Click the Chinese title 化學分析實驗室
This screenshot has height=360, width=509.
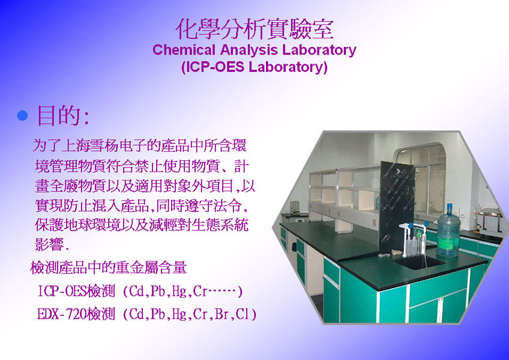point(254,29)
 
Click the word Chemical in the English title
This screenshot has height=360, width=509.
point(184,50)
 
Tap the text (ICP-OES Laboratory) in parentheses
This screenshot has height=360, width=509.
point(254,67)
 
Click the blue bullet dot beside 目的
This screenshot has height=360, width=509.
point(22,116)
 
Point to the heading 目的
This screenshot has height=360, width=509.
point(63,115)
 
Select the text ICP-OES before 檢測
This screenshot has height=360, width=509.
point(62,291)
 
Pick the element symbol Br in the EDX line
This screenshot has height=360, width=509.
point(221,314)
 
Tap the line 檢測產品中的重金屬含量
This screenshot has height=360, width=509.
point(108,268)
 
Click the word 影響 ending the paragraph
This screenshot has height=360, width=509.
point(49,244)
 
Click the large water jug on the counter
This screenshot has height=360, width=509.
point(448,231)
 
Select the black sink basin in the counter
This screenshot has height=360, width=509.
point(418,262)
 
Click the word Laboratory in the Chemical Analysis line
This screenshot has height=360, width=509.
point(319,50)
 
